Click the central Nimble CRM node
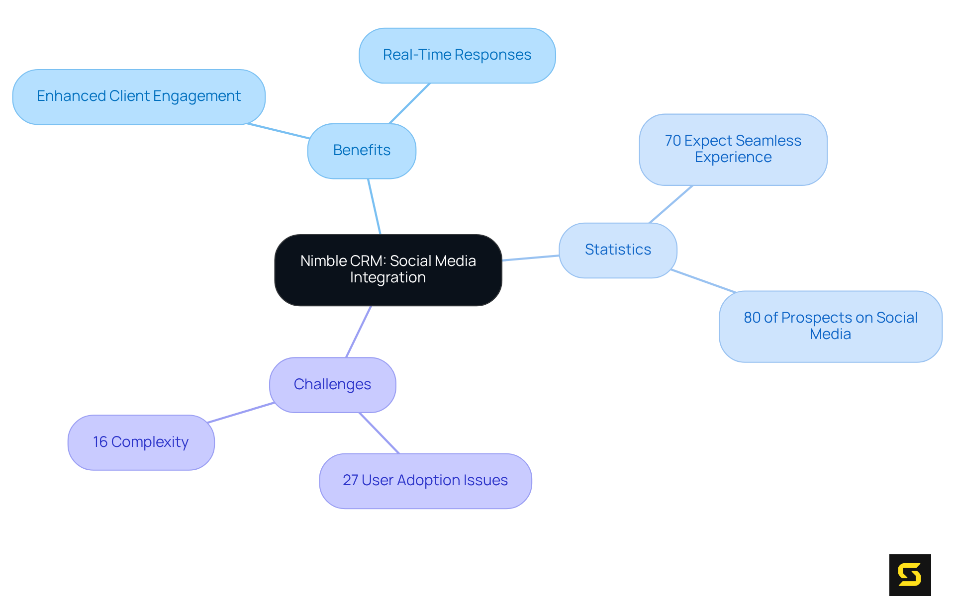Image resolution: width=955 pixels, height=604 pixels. point(388,270)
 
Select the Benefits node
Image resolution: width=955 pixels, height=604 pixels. point(362,151)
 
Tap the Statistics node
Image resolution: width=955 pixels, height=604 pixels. point(618,250)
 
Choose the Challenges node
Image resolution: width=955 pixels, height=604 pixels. point(332,385)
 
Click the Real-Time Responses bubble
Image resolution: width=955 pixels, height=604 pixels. point(457,55)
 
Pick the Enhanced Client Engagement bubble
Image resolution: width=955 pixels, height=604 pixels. point(138,96)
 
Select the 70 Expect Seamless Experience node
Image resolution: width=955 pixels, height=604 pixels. point(733,149)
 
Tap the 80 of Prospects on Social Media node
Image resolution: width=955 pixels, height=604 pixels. point(830,326)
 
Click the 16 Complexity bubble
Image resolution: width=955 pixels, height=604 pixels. point(141,442)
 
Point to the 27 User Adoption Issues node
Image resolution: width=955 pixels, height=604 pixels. point(425,481)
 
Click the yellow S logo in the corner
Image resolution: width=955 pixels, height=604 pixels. point(910,575)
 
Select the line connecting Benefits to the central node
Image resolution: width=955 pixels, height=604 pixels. point(374,206)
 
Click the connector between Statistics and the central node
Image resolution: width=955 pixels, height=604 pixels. point(530,258)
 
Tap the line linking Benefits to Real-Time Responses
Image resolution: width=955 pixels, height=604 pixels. point(409,103)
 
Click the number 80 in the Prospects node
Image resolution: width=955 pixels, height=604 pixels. point(752,318)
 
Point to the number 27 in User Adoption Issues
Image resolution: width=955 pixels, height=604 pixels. point(350,480)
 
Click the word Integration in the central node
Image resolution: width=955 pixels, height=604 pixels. point(388,278)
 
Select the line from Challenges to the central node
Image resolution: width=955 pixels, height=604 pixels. point(359,332)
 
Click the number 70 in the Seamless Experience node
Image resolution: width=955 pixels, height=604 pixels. point(672,141)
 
